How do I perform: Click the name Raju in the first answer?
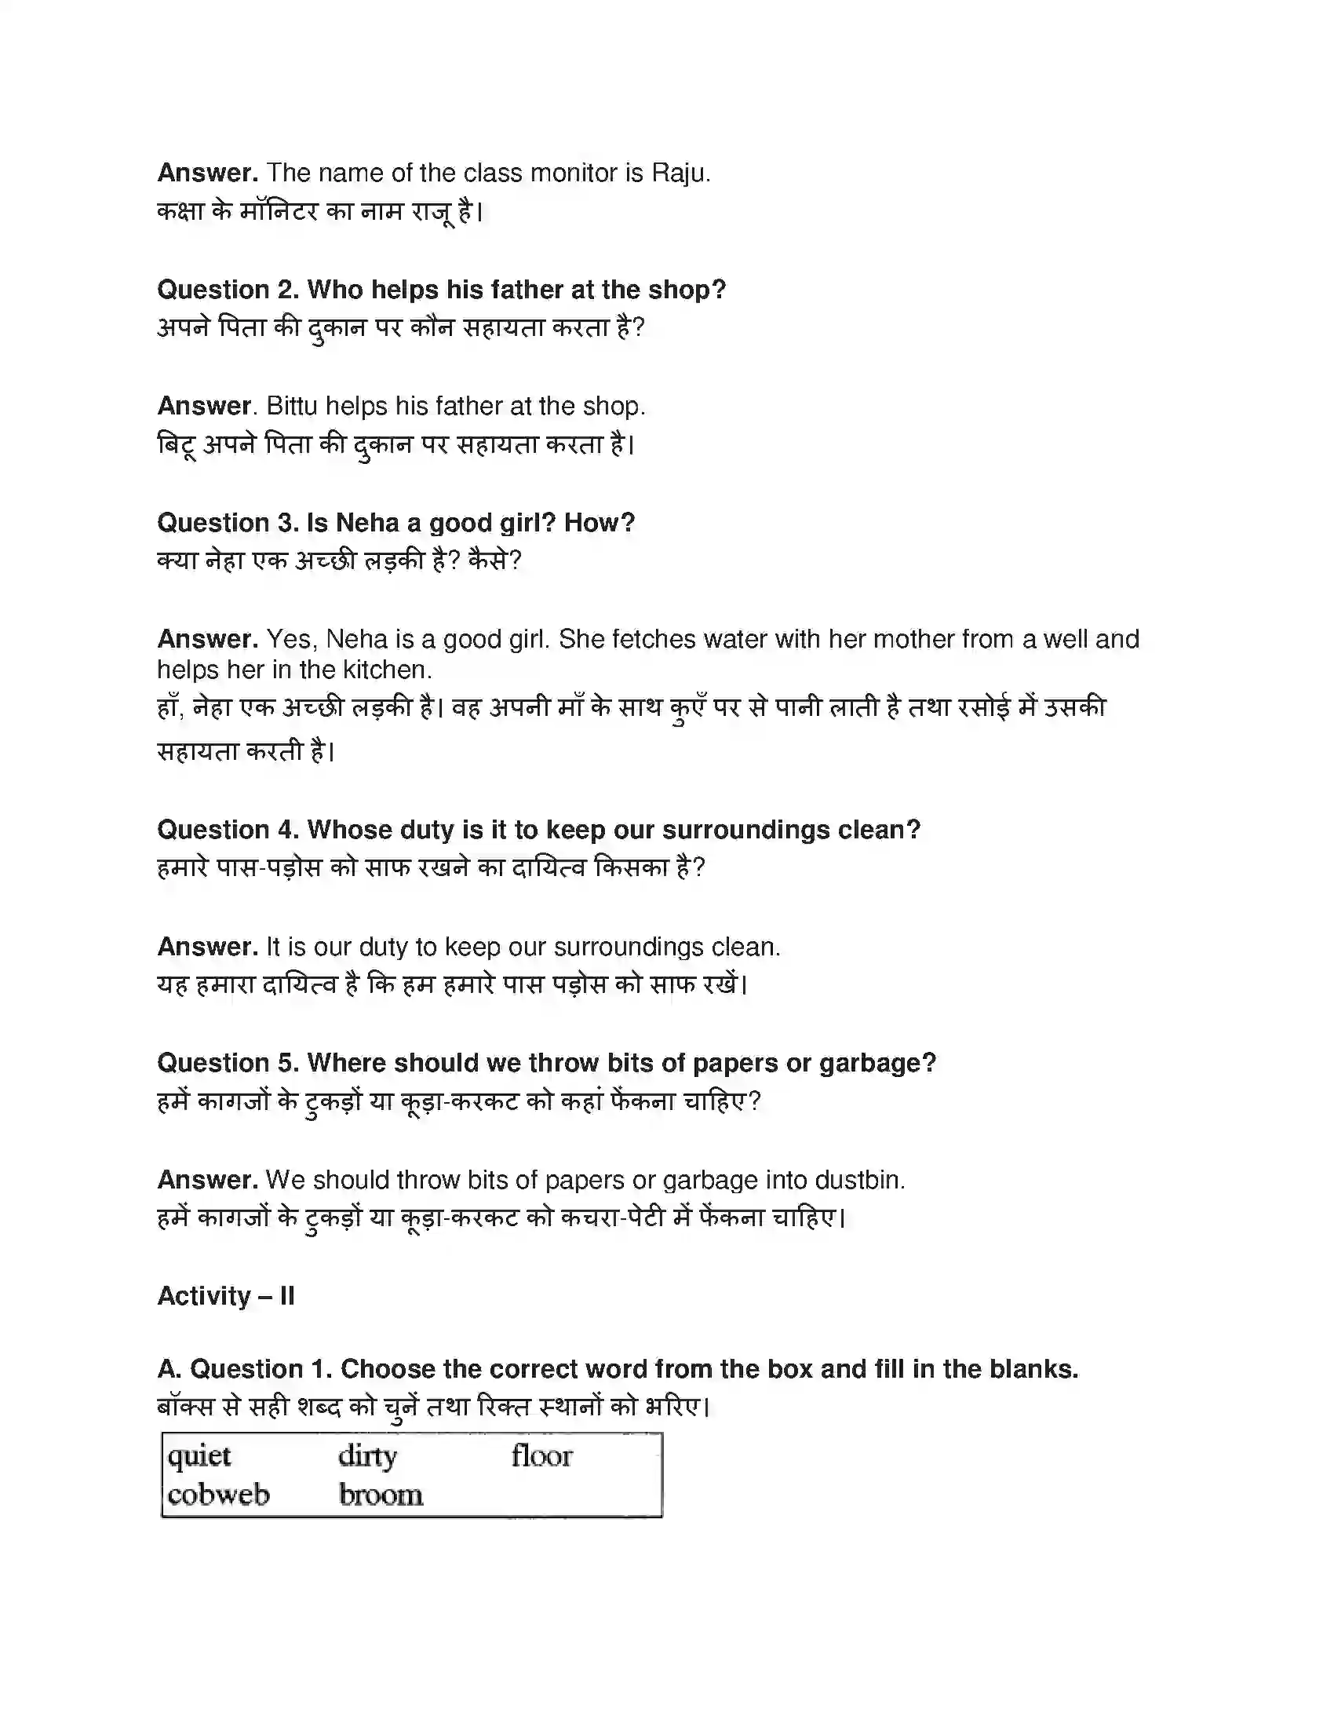tap(680, 173)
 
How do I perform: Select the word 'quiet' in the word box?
tap(199, 1455)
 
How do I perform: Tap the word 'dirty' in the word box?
tap(367, 1455)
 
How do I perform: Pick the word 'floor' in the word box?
tap(541, 1455)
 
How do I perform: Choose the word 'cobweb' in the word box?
tap(218, 1495)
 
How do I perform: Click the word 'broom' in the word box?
tap(381, 1495)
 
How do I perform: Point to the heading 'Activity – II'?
tap(226, 1296)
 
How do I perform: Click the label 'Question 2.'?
tap(228, 290)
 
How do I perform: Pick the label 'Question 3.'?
tap(228, 523)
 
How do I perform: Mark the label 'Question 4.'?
tap(228, 830)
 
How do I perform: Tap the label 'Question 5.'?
tap(228, 1063)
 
